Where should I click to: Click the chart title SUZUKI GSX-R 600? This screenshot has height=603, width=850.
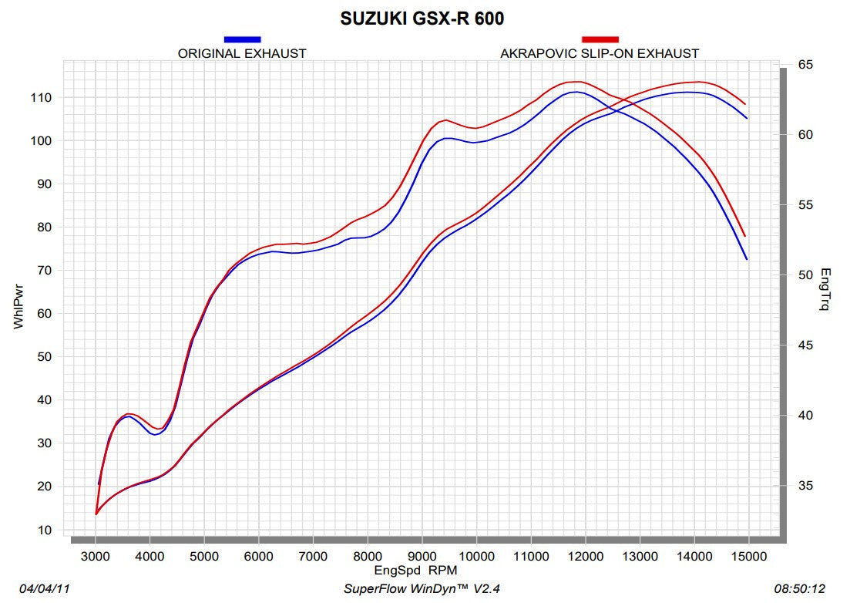(422, 19)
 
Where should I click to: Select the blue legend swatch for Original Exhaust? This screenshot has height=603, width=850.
(242, 39)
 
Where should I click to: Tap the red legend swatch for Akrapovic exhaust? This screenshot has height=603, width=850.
(600, 39)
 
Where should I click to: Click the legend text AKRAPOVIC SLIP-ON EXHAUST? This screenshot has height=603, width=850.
(600, 53)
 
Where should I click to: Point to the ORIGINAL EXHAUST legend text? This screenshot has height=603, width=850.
(242, 53)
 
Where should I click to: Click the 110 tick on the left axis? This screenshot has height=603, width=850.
(41, 98)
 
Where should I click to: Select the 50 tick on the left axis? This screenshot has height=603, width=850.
(44, 357)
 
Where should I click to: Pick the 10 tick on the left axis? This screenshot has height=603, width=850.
(44, 531)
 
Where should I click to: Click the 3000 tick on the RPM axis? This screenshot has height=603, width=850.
(95, 556)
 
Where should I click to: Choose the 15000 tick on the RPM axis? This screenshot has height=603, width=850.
(748, 556)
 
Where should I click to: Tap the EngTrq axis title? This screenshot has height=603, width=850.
(825, 289)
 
